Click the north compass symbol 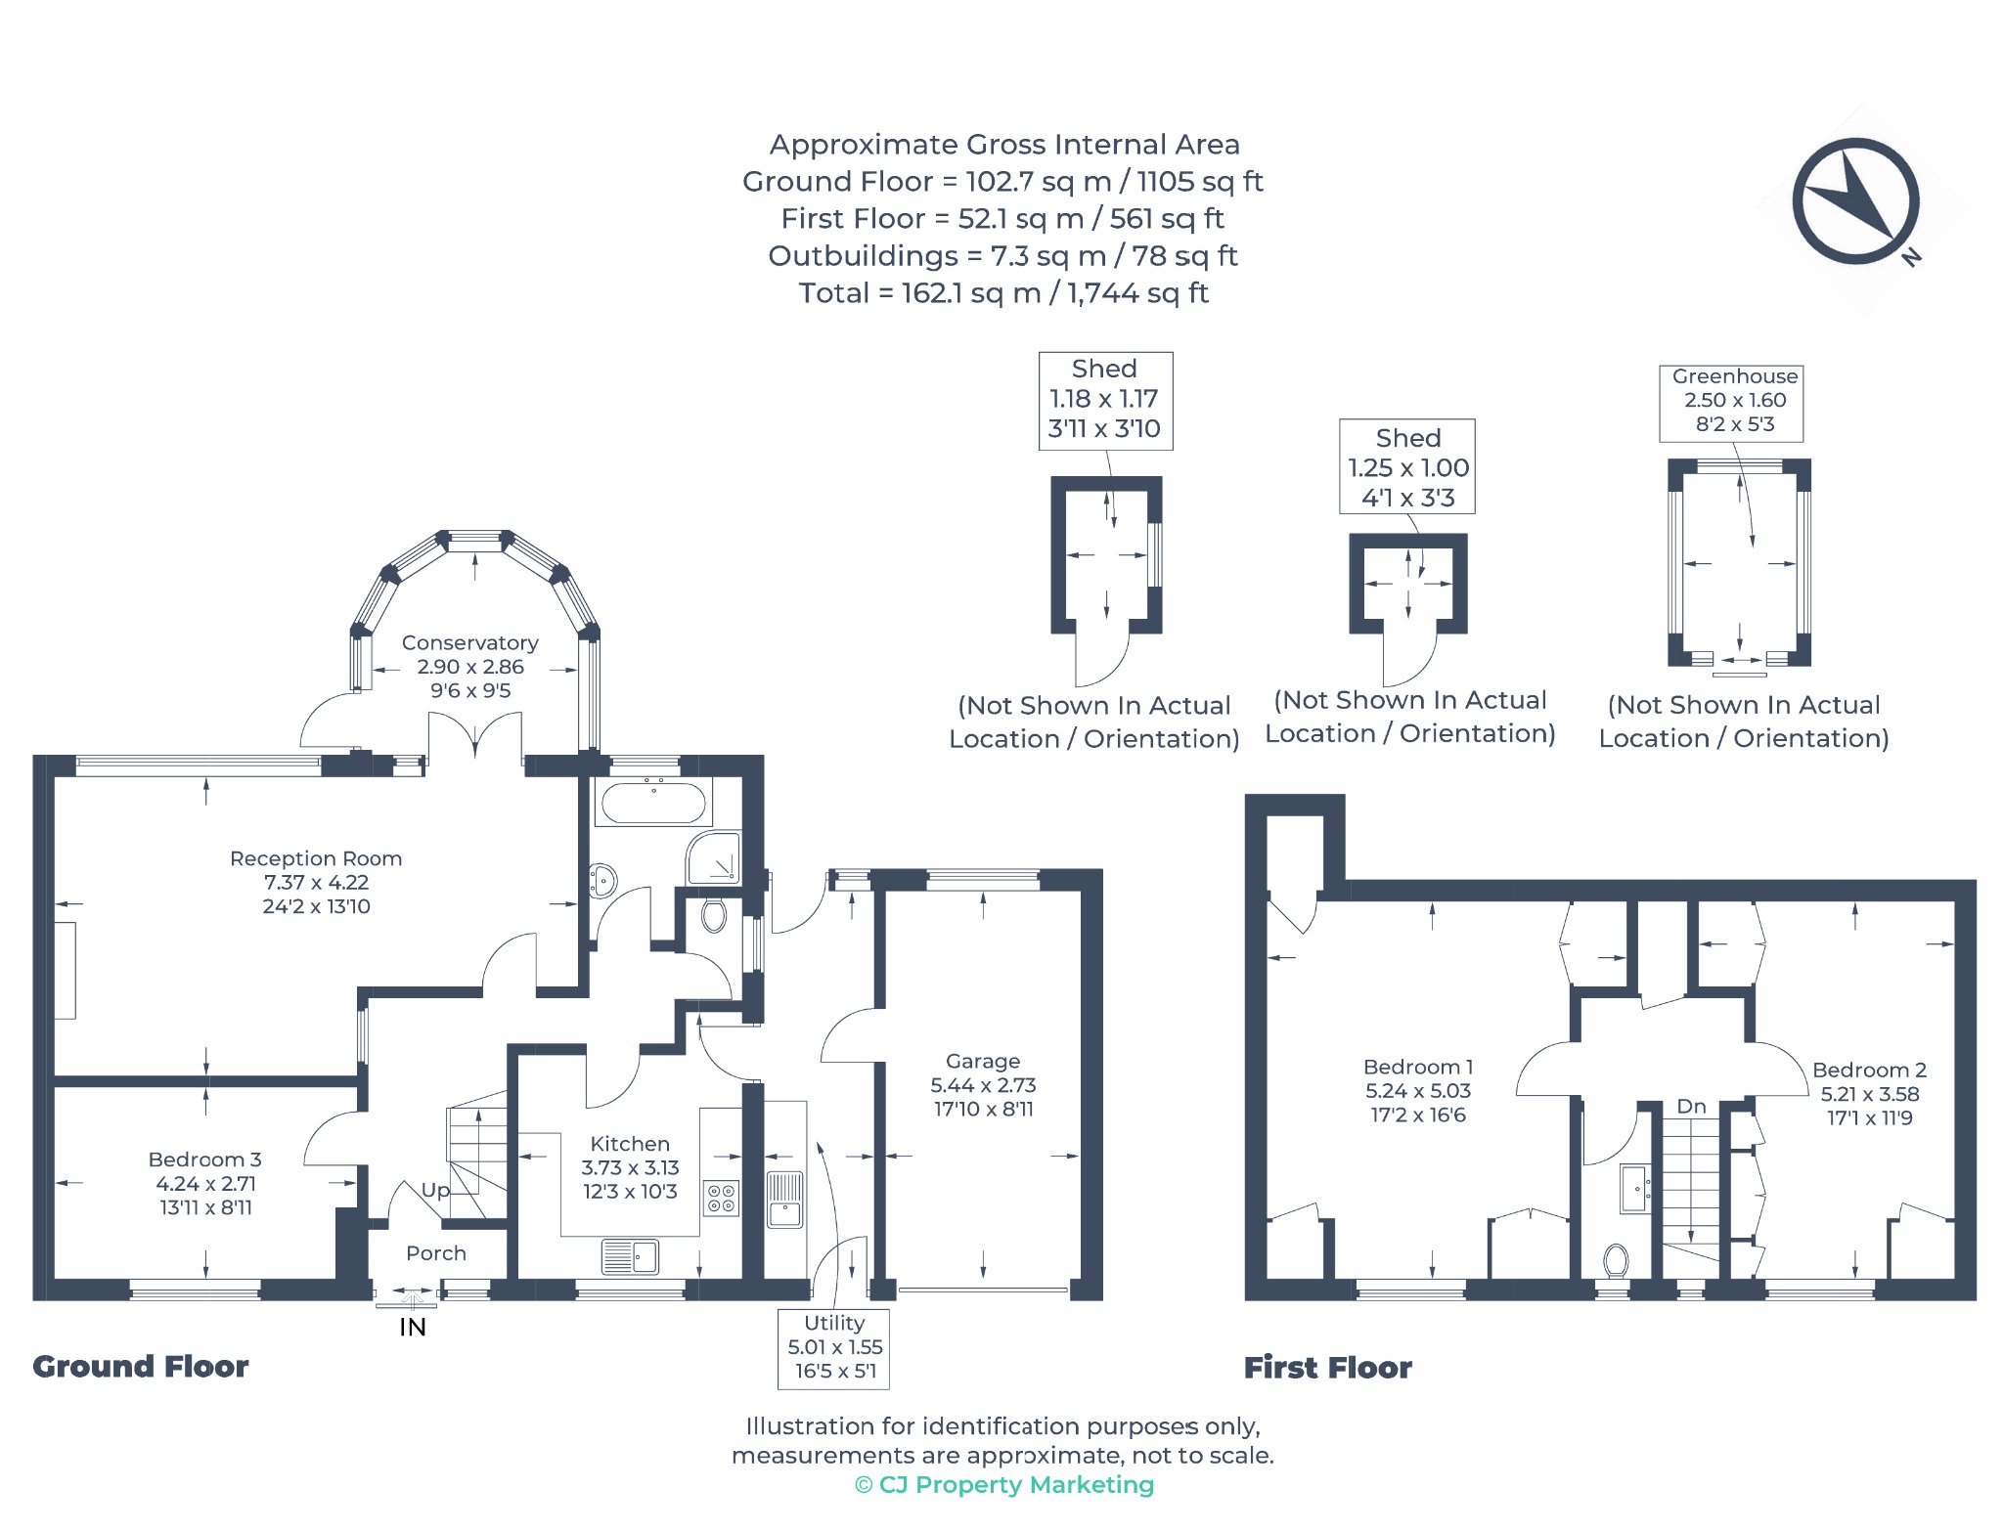1855,201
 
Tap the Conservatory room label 470,643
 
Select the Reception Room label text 316,858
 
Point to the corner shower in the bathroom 714,857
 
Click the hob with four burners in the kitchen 722,1198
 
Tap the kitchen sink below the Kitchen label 630,1257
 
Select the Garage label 983,1061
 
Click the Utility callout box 834,1348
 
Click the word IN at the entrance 413,1327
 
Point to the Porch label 436,1253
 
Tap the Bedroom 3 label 205,1159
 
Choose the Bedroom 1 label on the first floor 1418,1067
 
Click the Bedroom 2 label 1869,1070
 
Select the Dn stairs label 1691,1107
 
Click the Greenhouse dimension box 1731,403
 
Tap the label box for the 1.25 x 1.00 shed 1407,467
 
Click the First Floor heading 1328,1368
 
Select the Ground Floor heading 141,1367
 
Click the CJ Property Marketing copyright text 1004,1485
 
